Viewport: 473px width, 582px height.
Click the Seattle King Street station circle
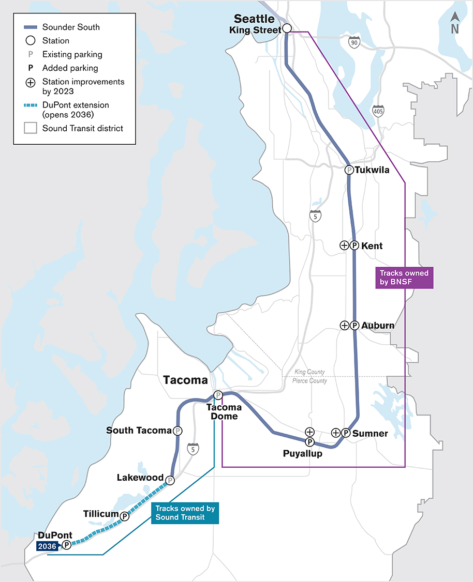pyautogui.click(x=287, y=28)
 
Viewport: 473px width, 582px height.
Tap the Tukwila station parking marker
pyautogui.click(x=349, y=170)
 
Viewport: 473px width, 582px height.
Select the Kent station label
pyautogui.click(x=372, y=246)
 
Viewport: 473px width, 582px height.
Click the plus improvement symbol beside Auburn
pyautogui.click(x=344, y=325)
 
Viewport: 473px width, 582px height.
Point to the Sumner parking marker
pyautogui.click(x=346, y=433)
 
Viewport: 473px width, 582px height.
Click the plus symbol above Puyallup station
pyautogui.click(x=309, y=431)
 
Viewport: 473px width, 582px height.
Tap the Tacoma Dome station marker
pyautogui.click(x=218, y=395)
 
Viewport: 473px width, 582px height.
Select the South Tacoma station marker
pyautogui.click(x=178, y=431)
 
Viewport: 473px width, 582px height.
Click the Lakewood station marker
pyautogui.click(x=170, y=480)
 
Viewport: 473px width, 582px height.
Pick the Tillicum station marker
pyautogui.click(x=124, y=516)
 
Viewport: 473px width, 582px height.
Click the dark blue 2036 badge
pyautogui.click(x=48, y=545)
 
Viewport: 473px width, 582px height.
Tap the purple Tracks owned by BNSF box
pyautogui.click(x=404, y=278)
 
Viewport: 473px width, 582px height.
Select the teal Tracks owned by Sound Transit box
pyautogui.click(x=185, y=513)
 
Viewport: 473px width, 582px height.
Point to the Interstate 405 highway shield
pyautogui.click(x=378, y=110)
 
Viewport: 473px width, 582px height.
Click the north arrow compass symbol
pyautogui.click(x=455, y=23)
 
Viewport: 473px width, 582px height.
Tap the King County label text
pyautogui.click(x=309, y=372)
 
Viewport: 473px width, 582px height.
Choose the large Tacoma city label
pyautogui.click(x=185, y=380)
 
